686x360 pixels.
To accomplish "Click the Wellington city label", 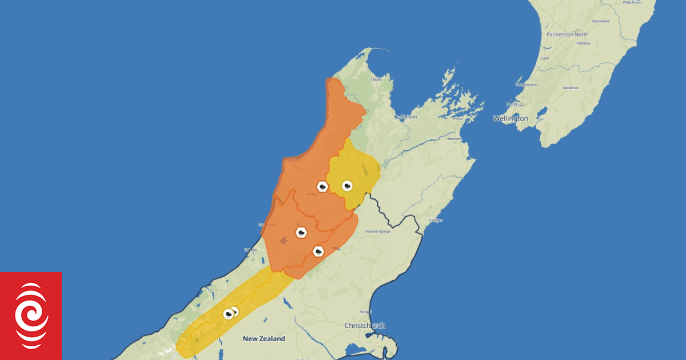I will [x=510, y=118].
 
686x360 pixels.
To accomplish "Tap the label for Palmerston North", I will [x=567, y=34].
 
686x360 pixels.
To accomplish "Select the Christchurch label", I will [x=365, y=325].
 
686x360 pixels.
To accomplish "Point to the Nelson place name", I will [x=409, y=117].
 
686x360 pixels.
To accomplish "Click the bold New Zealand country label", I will [x=264, y=339].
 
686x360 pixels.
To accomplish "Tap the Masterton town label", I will [x=571, y=88].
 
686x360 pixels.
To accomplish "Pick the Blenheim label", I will [x=454, y=138].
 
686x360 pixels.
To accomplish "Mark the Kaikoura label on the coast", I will [x=436, y=220].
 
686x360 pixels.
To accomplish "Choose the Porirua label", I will [x=515, y=105].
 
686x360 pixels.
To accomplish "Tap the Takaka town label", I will [x=376, y=79].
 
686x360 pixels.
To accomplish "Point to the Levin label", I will [x=545, y=58].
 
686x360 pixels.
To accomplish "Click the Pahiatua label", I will [x=582, y=43].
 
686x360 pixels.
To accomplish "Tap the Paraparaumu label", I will [x=527, y=85].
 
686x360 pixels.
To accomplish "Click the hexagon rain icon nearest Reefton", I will [x=322, y=187].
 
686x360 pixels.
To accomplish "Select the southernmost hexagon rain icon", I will [x=229, y=314].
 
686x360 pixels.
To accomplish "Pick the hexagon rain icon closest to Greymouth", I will [x=301, y=233].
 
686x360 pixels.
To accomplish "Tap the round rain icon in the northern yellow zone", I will [x=347, y=185].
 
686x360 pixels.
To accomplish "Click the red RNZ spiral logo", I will [x=31, y=315].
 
